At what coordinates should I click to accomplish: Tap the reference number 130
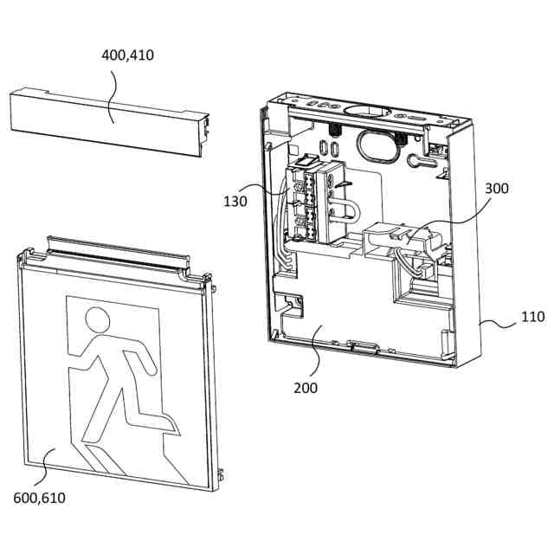pos(235,201)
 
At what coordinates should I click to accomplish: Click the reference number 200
pos(305,387)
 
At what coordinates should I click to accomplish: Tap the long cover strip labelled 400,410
pos(108,121)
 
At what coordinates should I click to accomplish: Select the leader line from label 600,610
pos(43,467)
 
